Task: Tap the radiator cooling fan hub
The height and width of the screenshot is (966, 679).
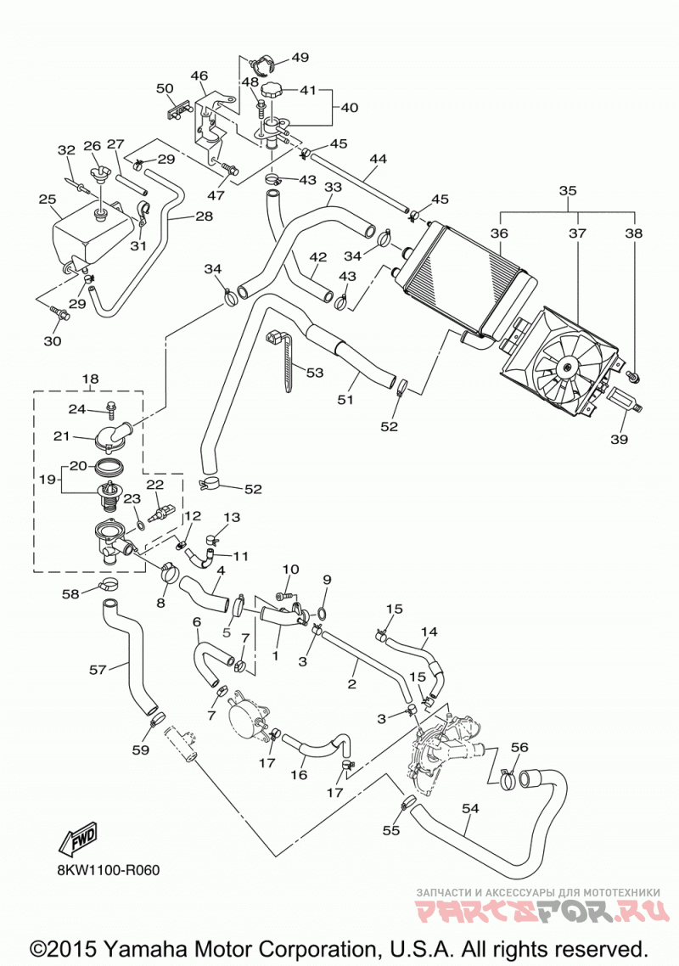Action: pos(564,368)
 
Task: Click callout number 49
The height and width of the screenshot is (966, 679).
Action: pos(300,57)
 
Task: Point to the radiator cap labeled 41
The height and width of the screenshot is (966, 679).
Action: pos(272,90)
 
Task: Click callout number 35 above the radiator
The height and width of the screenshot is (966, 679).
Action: pos(568,190)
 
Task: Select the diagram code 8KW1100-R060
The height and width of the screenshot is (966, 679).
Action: pos(107,870)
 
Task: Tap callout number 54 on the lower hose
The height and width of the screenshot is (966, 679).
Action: pos(470,807)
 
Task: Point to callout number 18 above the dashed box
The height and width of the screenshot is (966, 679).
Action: pos(90,379)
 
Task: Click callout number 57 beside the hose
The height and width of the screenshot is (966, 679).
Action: pos(98,669)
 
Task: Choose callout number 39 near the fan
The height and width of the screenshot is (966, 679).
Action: pos(619,439)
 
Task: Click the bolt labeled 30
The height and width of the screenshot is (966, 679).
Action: pos(62,315)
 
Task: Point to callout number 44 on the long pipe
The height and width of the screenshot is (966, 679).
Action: pos(378,159)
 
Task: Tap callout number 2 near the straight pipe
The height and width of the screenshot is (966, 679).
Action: pos(352,684)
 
